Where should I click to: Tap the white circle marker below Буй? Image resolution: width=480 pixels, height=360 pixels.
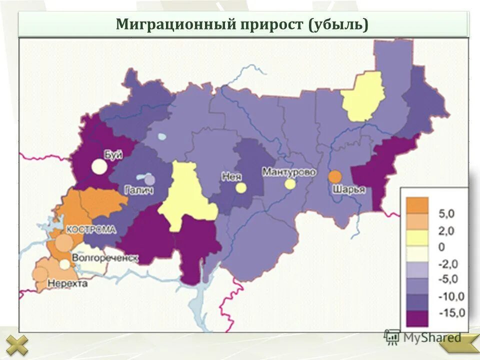click(99, 166)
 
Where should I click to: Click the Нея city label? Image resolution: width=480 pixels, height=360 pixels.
click(229, 175)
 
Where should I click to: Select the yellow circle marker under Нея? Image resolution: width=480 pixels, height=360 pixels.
click(241, 187)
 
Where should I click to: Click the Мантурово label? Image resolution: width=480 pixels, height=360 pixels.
click(289, 171)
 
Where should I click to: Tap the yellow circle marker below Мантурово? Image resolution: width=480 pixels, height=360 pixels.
click(290, 184)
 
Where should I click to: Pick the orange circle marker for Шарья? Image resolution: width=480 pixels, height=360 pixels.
click(334, 176)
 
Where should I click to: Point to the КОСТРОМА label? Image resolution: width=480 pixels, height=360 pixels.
click(91, 229)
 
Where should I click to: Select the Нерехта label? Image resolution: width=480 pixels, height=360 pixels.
click(67, 283)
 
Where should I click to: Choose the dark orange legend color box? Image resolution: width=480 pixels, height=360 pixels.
click(417, 205)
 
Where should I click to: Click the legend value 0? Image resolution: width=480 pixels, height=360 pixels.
click(441, 247)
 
